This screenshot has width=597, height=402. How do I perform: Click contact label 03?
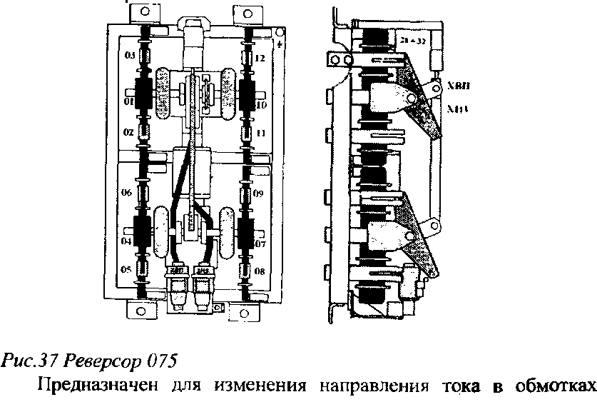click(130, 55)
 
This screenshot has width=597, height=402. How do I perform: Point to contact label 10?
click(261, 105)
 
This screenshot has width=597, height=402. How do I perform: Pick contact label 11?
click(261, 134)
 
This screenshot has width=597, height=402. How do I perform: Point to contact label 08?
click(260, 271)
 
